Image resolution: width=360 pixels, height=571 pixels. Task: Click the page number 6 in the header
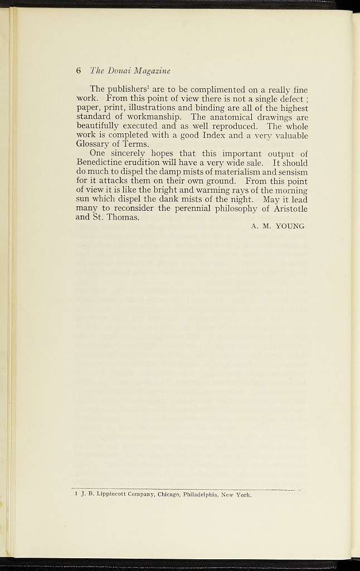pos(79,71)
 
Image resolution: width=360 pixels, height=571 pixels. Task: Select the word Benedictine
pos(102,162)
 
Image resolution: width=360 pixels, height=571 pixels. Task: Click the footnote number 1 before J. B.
pos(76,494)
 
